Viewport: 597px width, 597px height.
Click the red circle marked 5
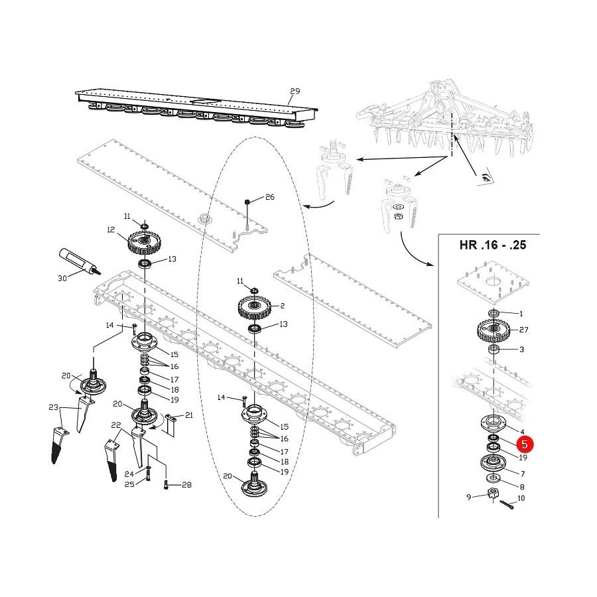[525, 444]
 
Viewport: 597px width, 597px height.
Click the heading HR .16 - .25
[493, 245]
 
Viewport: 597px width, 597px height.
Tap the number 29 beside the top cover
[295, 92]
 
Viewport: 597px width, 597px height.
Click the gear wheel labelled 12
[144, 243]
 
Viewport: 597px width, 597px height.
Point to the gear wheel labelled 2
[254, 308]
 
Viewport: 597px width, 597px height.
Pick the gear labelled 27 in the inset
[494, 330]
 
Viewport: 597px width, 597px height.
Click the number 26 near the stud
[270, 197]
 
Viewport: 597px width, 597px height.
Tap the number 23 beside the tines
[53, 407]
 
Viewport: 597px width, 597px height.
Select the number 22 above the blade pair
[115, 425]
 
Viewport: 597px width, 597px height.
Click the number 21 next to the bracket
[189, 415]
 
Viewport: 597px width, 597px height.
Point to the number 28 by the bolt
[186, 485]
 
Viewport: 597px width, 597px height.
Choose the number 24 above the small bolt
[129, 474]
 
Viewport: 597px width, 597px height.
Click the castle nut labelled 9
[494, 495]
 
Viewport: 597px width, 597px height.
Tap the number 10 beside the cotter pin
[521, 498]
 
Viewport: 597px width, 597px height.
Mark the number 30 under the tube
[62, 279]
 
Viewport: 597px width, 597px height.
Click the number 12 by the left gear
[111, 230]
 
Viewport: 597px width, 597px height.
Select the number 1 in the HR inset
[521, 314]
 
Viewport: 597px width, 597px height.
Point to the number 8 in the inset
[522, 487]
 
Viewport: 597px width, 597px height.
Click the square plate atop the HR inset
[493, 282]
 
